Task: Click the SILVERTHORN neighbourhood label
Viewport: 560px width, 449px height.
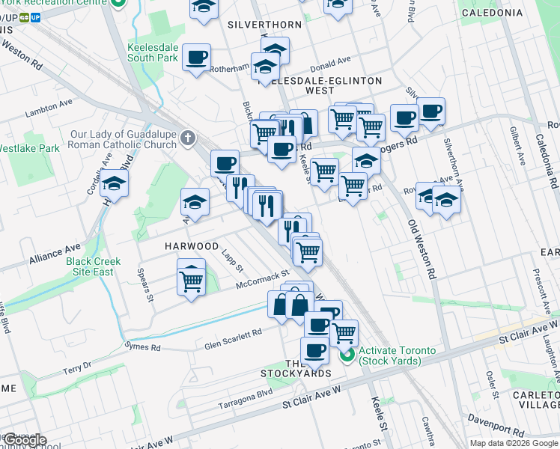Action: pyautogui.click(x=270, y=25)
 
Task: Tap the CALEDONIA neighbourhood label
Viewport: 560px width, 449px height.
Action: pyautogui.click(x=513, y=13)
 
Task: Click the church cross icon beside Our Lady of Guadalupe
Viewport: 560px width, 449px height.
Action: pyautogui.click(x=187, y=139)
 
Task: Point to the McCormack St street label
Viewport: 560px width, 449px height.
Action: pyautogui.click(x=262, y=280)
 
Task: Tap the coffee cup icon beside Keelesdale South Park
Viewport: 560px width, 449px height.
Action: pyautogui.click(x=196, y=57)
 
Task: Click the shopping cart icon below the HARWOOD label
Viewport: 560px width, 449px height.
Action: pyautogui.click(x=192, y=281)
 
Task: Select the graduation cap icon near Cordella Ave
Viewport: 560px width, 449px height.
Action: pyautogui.click(x=114, y=183)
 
